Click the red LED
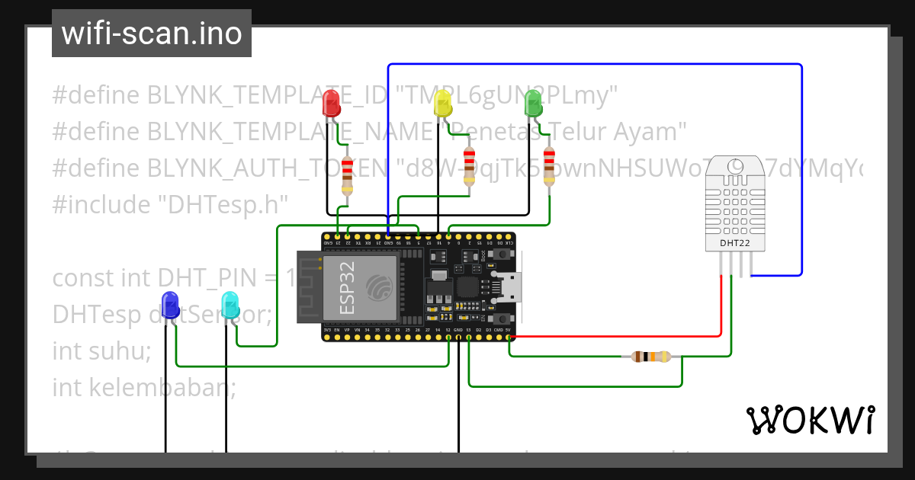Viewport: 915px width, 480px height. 331,103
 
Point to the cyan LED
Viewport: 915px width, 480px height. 230,305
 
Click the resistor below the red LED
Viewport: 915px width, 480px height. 348,175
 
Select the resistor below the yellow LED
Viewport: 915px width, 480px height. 469,166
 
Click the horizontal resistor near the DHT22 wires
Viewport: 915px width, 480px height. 650,357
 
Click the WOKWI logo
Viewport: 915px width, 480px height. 810,420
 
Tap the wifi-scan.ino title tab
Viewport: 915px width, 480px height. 152,34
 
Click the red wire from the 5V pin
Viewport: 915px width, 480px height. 618,335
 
